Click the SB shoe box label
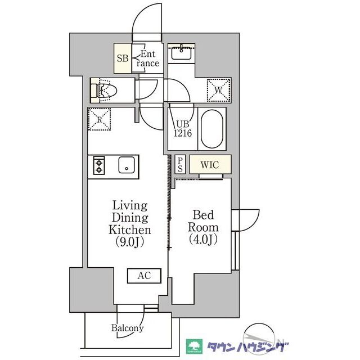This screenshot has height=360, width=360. pyautogui.click(x=123, y=58)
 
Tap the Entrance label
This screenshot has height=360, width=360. pyautogui.click(x=147, y=58)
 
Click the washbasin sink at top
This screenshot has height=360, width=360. pyautogui.click(x=181, y=52)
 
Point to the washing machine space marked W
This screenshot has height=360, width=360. pyautogui.click(x=218, y=90)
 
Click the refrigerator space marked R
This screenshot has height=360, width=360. pyautogui.click(x=100, y=119)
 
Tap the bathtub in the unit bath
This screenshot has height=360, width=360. pyautogui.click(x=211, y=129)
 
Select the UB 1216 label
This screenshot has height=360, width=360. pyautogui.click(x=182, y=129)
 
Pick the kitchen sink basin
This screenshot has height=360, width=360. pyautogui.click(x=127, y=165)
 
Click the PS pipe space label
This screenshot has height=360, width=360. pyautogui.click(x=180, y=165)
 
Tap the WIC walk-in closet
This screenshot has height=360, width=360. pyautogui.click(x=210, y=165)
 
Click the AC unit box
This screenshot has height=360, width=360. pyautogui.click(x=145, y=276)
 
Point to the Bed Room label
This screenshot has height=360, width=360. pyautogui.click(x=203, y=221)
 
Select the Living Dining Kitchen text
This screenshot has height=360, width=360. pyautogui.click(x=130, y=218)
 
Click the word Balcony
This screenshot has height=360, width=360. pyautogui.click(x=128, y=328)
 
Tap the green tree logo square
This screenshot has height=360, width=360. pyautogui.click(x=194, y=346)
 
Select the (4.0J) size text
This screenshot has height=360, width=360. pyautogui.click(x=203, y=239)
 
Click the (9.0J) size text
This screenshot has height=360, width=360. pyautogui.click(x=130, y=242)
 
